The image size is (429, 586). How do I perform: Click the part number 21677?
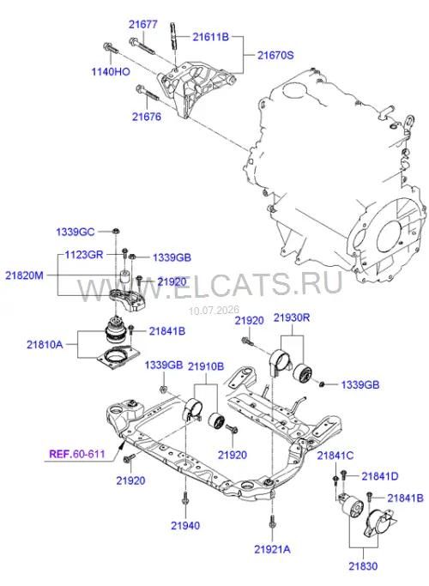click(x=142, y=24)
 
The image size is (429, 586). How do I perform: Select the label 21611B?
click(x=210, y=37)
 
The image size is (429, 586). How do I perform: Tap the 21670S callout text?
click(x=275, y=55)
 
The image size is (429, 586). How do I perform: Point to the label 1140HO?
click(x=111, y=72)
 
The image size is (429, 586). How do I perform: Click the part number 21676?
click(x=147, y=117)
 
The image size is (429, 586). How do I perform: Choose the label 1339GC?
click(x=76, y=232)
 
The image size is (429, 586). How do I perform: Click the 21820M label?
click(x=24, y=275)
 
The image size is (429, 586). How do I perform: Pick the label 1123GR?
click(x=84, y=255)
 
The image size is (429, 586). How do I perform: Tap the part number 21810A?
click(x=45, y=344)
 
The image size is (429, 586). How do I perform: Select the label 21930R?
click(x=292, y=317)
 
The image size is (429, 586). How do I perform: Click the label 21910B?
click(x=206, y=366)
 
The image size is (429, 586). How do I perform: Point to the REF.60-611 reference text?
click(x=77, y=455)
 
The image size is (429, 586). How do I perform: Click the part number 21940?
click(x=185, y=525)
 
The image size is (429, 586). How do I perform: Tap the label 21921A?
click(x=272, y=549)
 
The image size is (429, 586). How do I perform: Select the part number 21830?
click(x=363, y=566)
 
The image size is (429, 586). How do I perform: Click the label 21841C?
click(x=335, y=456)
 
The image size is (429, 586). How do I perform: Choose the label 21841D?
click(x=380, y=476)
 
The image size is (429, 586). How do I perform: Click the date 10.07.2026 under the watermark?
click(x=214, y=311)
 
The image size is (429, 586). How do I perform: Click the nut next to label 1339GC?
click(x=116, y=231)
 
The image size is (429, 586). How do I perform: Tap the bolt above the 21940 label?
click(x=185, y=499)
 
